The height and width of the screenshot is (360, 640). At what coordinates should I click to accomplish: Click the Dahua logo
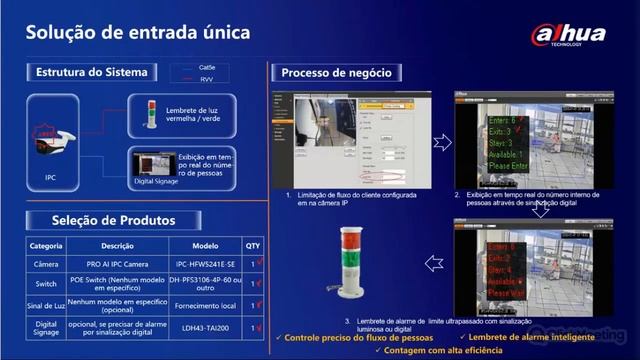point(568,34)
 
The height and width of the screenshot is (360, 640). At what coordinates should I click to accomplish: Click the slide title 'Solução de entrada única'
point(137,33)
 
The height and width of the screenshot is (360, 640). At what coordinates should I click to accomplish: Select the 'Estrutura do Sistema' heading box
point(91,72)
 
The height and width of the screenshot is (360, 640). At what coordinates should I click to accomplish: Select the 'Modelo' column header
point(205,245)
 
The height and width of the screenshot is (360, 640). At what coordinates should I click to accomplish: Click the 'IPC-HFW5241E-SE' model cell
point(205,263)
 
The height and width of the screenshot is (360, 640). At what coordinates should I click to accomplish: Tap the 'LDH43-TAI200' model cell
point(205,327)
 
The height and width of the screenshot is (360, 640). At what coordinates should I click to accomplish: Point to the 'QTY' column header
point(252,245)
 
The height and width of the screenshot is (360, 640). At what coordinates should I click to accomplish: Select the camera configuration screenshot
point(351,139)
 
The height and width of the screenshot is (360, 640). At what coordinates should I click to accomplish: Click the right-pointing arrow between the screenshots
point(442,142)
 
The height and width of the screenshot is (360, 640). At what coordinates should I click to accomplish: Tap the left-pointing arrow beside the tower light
point(432,263)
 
